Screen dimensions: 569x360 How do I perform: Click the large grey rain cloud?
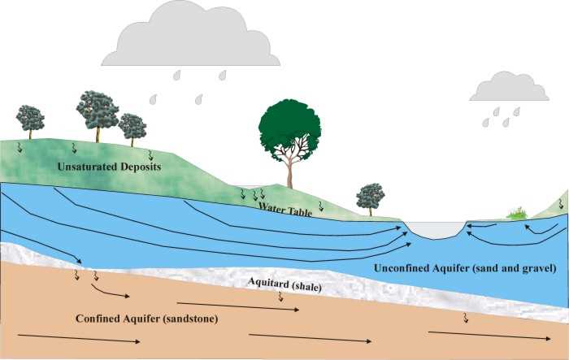click(x=191, y=37)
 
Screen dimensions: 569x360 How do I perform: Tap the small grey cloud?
click(x=509, y=87)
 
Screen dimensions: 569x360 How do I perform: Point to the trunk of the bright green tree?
click(x=289, y=174)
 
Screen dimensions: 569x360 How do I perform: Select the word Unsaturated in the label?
click(x=87, y=167)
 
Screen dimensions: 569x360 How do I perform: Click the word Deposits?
click(x=141, y=167)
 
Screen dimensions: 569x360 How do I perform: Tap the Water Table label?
click(x=285, y=210)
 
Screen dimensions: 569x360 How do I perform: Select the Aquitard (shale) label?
click(x=284, y=284)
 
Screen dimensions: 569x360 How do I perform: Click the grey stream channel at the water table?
click(x=435, y=230)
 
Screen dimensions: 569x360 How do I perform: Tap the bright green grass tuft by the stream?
click(x=517, y=214)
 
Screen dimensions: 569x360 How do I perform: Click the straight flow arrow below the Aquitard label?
click(x=238, y=306)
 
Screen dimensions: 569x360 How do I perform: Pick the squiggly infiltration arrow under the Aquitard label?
click(x=280, y=297)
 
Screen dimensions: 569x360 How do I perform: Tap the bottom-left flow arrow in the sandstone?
click(x=79, y=339)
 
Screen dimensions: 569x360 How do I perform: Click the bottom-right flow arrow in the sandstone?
click(x=489, y=336)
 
